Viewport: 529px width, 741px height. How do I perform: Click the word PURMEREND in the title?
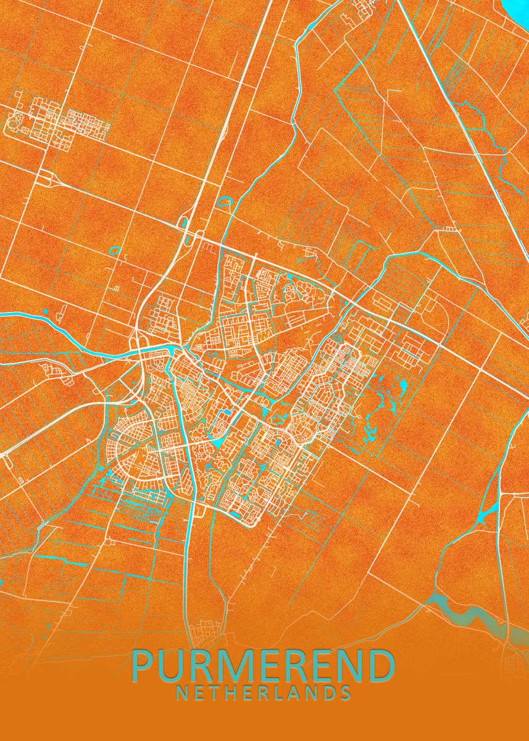point(264,665)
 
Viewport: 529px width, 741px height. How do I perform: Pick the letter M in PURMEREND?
point(235,665)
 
